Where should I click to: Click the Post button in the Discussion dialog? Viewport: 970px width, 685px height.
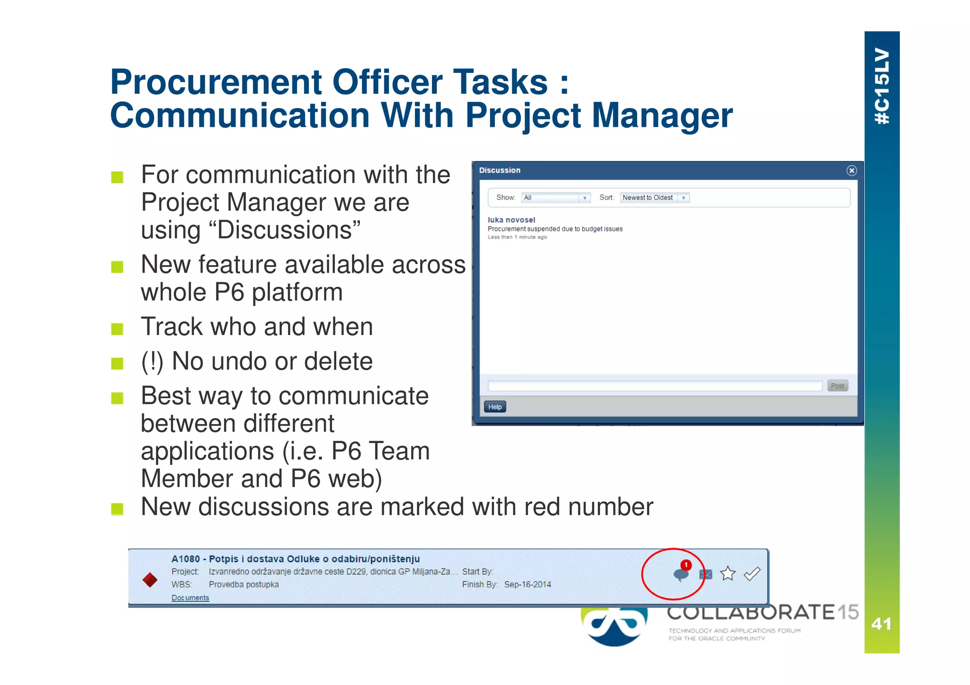click(837, 386)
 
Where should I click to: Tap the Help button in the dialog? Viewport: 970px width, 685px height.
click(494, 407)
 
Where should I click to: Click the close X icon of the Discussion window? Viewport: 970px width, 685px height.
click(851, 170)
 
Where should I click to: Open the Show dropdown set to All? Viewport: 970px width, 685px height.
click(556, 198)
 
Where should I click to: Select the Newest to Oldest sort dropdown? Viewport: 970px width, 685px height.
click(654, 198)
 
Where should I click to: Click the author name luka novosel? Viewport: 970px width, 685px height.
click(511, 220)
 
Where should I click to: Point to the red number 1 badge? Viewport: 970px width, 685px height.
click(685, 565)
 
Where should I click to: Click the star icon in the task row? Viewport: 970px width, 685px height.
click(727, 574)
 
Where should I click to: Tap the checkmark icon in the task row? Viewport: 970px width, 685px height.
click(752, 574)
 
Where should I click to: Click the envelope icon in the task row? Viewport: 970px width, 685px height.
click(706, 575)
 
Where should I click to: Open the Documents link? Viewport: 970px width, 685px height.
click(190, 598)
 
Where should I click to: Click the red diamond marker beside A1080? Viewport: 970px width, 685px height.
click(150, 579)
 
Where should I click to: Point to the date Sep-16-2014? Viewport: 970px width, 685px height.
click(527, 585)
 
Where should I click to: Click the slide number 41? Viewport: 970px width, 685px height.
click(881, 624)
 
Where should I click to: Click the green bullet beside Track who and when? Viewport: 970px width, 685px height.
click(117, 329)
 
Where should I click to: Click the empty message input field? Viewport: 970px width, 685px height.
click(655, 386)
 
